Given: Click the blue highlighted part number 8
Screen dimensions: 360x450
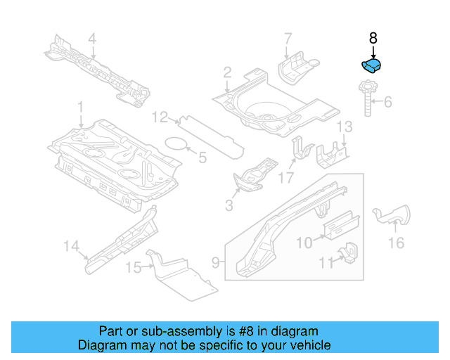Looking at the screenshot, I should click(371, 66).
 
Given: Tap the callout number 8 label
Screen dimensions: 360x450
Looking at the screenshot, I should click(373, 39).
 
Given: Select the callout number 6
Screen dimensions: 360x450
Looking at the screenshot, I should click(387, 102).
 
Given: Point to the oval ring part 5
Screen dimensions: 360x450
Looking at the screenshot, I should click(176, 144).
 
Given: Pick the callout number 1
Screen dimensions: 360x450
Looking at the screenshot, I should click(80, 107).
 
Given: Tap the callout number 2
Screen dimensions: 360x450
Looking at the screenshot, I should click(227, 72).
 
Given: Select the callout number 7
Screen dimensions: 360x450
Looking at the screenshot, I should click(287, 38).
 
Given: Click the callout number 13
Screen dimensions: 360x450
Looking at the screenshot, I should click(344, 127).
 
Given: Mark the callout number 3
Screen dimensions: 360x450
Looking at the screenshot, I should click(229, 205).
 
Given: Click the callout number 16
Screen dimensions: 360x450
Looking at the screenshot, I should click(396, 243).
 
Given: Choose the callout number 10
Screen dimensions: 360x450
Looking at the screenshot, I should click(304, 243).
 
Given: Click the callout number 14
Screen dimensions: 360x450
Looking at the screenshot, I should click(70, 245).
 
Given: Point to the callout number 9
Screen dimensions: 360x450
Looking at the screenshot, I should click(217, 264).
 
